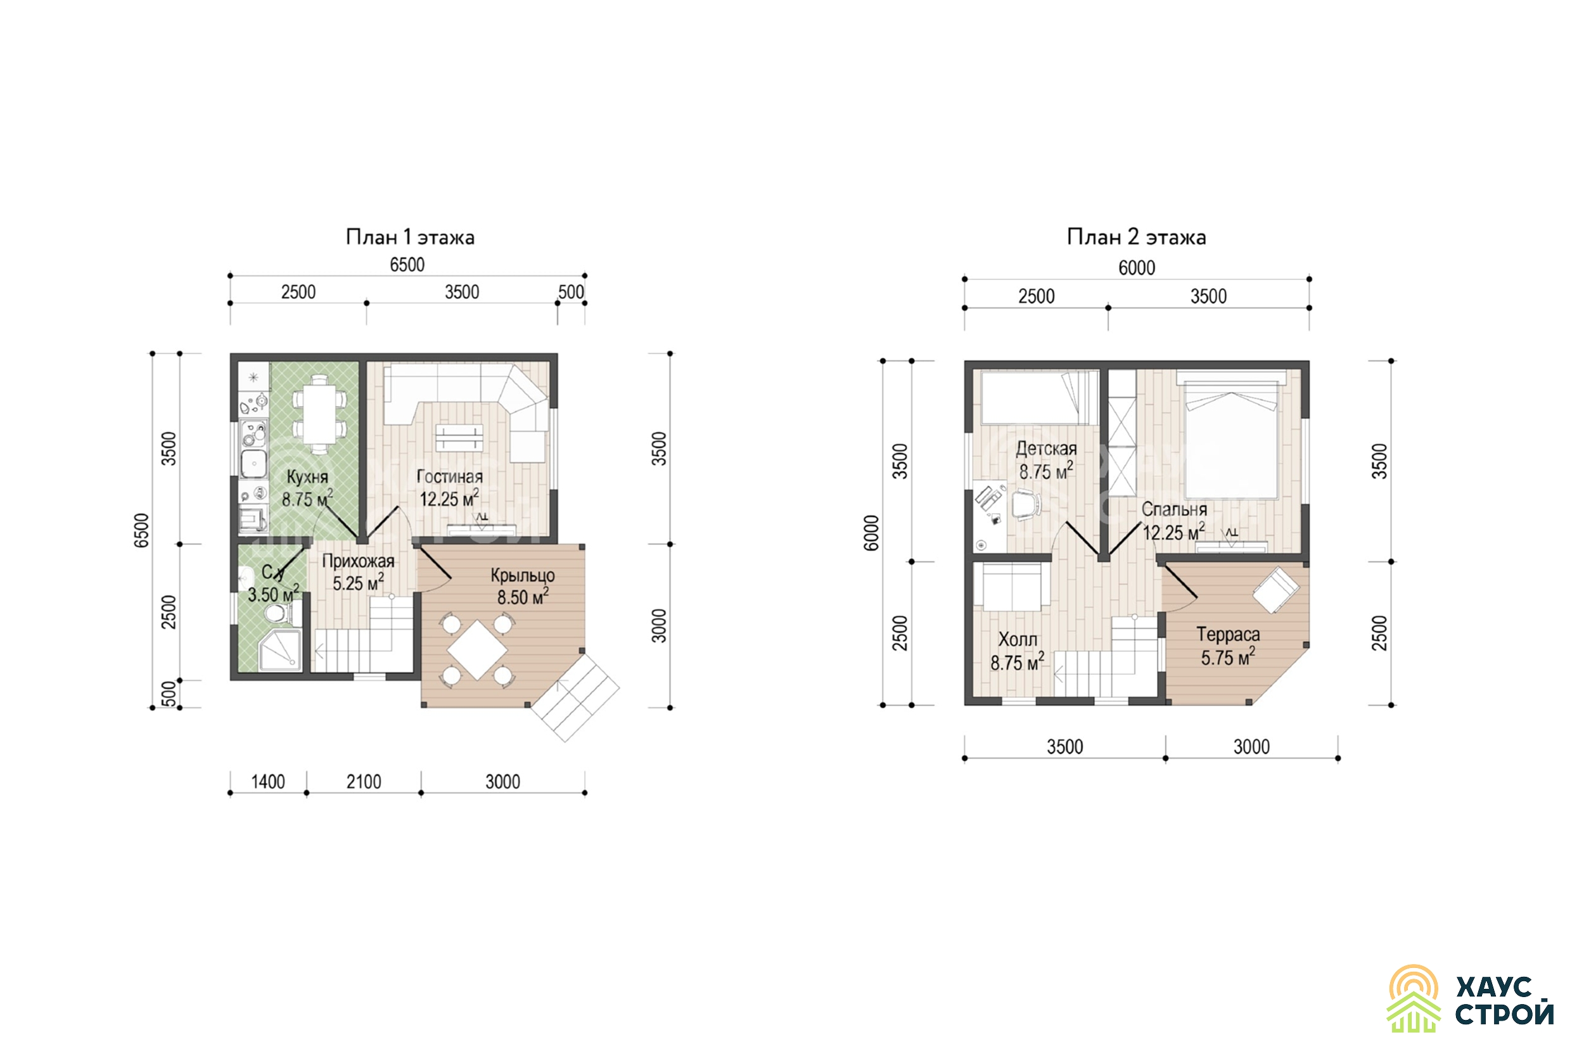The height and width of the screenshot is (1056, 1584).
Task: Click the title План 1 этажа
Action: [x=410, y=237]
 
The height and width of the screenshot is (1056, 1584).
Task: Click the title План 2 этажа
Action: [x=1136, y=237]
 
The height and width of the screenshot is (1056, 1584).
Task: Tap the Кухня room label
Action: [x=307, y=477]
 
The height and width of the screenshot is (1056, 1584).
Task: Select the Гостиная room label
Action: [x=450, y=476]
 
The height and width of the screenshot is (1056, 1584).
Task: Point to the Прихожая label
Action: [x=358, y=561]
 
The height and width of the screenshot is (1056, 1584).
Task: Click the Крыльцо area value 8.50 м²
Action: [x=523, y=597]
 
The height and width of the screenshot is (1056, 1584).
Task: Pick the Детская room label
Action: [x=1046, y=448]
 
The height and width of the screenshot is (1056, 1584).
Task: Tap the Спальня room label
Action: [x=1174, y=509]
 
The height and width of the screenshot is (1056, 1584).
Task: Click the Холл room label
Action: [x=1018, y=639]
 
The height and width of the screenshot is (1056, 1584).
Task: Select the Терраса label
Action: [x=1228, y=634]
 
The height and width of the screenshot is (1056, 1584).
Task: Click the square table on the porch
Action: [x=478, y=650]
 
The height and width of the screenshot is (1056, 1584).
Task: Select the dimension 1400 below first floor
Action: [x=268, y=782]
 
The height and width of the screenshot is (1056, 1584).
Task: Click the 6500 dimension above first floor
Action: [x=407, y=265]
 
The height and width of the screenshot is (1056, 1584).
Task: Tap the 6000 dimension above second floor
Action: [x=1137, y=268]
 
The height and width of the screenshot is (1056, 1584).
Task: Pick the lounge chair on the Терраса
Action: [x=1275, y=590]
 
